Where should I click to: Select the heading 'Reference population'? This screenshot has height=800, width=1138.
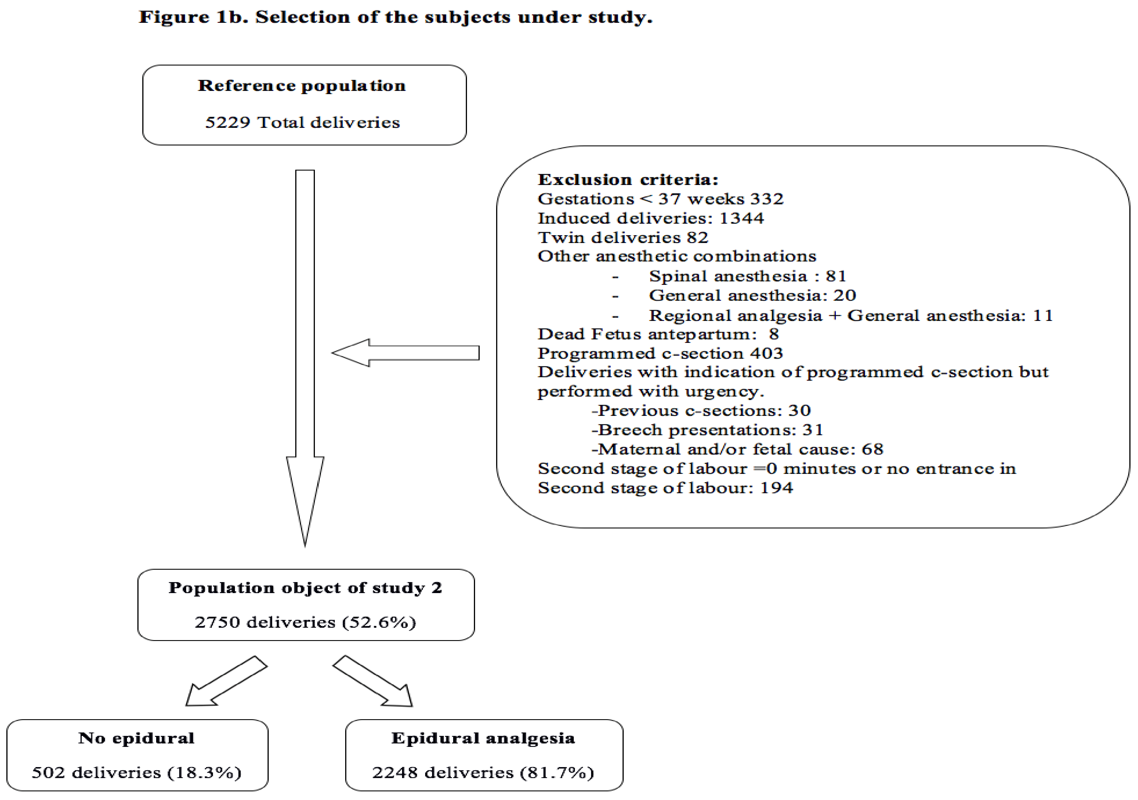302,86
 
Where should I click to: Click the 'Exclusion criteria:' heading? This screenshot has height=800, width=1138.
628,180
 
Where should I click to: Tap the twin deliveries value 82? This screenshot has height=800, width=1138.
697,238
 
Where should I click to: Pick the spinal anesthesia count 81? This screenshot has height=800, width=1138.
836,276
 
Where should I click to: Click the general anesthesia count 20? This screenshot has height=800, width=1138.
844,296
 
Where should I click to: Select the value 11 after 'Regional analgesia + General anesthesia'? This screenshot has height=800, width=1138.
1043,315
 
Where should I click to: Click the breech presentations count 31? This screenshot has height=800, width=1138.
813,430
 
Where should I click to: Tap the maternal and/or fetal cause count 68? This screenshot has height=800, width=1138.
872,449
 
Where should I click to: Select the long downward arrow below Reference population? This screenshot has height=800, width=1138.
305,357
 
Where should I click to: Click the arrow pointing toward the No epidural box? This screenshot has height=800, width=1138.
225,682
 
